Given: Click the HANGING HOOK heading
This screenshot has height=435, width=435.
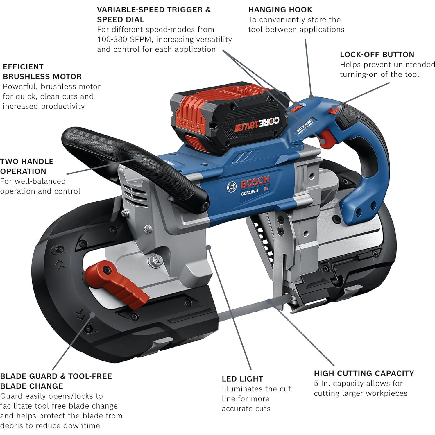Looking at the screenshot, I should [x=280, y=10].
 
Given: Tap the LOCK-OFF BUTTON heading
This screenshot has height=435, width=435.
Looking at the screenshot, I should [x=377, y=55].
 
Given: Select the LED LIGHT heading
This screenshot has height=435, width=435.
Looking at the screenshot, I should [x=242, y=379].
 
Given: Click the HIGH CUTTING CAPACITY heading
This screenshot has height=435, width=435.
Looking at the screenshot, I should [x=364, y=373].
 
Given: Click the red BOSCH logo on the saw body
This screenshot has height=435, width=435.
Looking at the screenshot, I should [x=255, y=182].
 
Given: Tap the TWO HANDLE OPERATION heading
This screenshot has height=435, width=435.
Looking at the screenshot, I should [x=27, y=166].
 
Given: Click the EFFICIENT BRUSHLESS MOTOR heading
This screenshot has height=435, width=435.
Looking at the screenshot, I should [x=42, y=71].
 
